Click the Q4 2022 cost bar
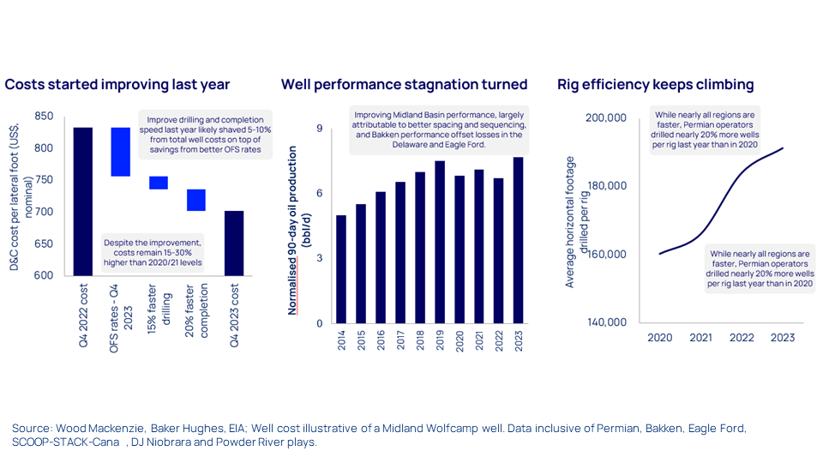(82, 201)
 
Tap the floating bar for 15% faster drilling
(159, 183)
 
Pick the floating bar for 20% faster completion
(195, 200)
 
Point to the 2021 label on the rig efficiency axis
(700, 338)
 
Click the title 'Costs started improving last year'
(117, 84)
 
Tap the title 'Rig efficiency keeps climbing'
(656, 84)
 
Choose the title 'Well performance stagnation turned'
(404, 84)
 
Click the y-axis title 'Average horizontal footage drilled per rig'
(576, 221)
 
